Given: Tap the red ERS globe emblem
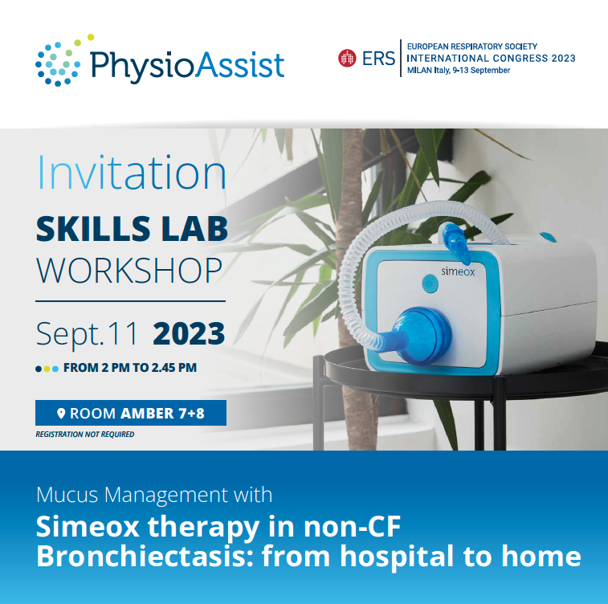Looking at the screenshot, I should [x=347, y=58].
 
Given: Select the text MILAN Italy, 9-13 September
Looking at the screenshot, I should [x=459, y=71].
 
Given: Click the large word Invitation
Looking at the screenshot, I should [x=132, y=173].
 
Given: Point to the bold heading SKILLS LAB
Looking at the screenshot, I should [x=132, y=229].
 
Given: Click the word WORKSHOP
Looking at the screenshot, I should [x=129, y=270].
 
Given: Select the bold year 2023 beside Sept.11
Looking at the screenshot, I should [x=189, y=332].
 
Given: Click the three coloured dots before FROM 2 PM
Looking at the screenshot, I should [x=47, y=369].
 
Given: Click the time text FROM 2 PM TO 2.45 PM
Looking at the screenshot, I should [x=130, y=369].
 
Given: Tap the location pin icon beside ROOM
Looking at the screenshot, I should [x=61, y=414].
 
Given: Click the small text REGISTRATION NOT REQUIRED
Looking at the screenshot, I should [x=85, y=435].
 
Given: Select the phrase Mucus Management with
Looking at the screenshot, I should [x=154, y=494].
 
